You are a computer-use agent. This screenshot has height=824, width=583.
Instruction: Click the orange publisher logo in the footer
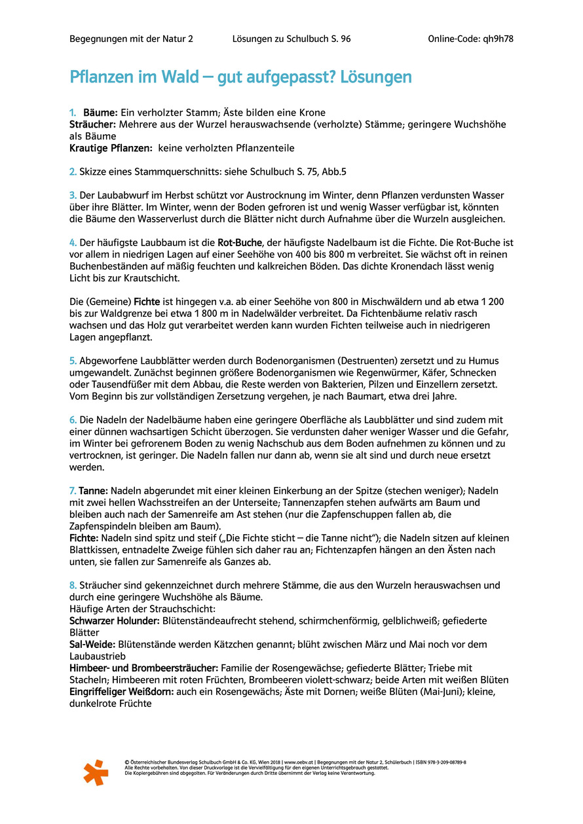(96, 772)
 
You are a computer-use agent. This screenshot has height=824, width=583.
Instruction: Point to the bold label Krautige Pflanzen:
(111, 149)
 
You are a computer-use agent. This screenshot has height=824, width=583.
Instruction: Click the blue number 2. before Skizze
(73, 172)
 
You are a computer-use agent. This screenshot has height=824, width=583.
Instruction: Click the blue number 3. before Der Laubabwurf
(73, 196)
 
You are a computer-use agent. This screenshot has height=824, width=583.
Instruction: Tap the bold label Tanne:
(94, 491)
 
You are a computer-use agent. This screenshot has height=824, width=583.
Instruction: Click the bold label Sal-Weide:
(93, 644)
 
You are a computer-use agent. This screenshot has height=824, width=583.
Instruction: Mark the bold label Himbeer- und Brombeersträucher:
(144, 668)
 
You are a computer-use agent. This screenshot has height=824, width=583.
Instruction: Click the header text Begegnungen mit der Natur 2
(131, 39)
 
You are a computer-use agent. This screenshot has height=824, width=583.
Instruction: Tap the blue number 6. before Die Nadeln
(73, 420)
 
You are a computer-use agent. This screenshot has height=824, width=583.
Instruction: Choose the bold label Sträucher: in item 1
(92, 124)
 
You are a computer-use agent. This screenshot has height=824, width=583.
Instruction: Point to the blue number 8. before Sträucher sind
(73, 585)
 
